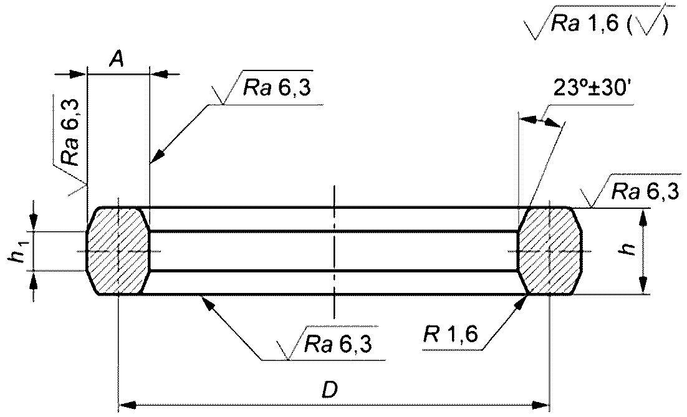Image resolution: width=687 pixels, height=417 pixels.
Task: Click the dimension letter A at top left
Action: pos(116,58)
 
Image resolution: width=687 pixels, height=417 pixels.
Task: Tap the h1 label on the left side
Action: pos(18,254)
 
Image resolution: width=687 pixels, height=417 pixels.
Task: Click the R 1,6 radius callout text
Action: pos(450,335)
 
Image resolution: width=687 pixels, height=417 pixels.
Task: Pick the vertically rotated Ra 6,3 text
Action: pos(70,132)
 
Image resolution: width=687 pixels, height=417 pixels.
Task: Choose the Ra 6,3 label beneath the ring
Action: pos(339,344)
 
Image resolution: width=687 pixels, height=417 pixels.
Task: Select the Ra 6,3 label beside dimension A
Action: pos(277,89)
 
